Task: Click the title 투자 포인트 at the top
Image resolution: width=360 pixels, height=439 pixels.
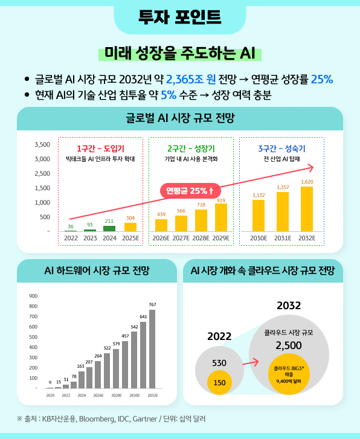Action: click(x=179, y=16)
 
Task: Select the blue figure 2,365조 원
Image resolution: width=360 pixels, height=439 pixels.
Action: click(x=191, y=79)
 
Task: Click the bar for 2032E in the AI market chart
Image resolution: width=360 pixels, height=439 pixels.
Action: click(x=307, y=209)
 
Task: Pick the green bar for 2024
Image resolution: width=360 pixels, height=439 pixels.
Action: click(x=109, y=228)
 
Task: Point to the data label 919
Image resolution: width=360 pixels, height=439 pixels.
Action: click(x=221, y=200)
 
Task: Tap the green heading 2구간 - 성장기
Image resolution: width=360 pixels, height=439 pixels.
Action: click(x=191, y=149)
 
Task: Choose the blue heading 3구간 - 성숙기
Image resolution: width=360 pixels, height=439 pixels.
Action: click(x=281, y=149)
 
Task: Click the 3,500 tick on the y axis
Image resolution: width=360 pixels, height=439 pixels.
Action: click(x=42, y=145)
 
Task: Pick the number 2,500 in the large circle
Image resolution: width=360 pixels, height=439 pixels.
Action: click(x=289, y=345)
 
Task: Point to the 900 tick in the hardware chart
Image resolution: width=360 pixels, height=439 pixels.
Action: click(x=33, y=296)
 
